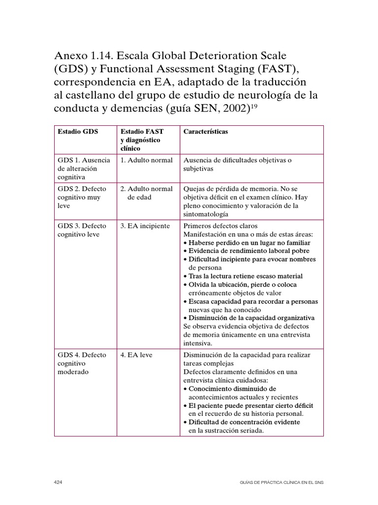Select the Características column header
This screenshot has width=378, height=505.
[205, 132]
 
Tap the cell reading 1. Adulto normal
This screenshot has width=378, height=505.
[147, 160]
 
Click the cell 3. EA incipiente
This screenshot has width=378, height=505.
[145, 226]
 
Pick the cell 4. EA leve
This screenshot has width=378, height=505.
[136, 355]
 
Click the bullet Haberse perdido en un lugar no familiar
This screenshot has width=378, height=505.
[249, 243]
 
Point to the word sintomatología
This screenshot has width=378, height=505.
[205, 214]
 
